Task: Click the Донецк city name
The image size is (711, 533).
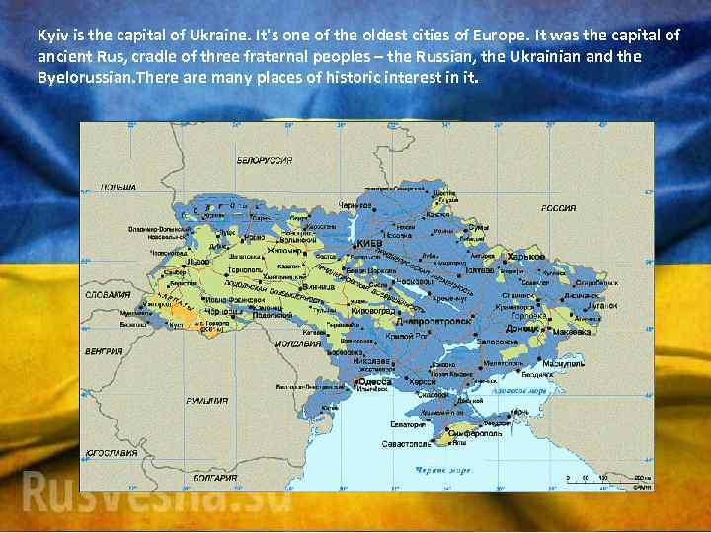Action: (523, 328)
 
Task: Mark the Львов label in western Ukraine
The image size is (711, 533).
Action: (198, 263)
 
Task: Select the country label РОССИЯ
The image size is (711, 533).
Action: (558, 208)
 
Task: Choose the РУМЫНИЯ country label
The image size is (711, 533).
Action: (207, 400)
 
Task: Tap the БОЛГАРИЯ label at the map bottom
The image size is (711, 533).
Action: (214, 478)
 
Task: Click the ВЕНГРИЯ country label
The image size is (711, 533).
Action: (104, 350)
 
